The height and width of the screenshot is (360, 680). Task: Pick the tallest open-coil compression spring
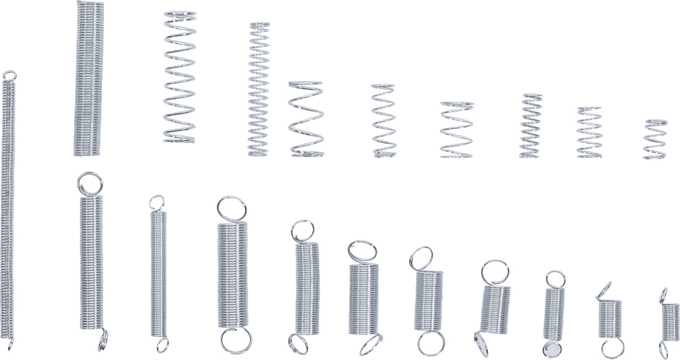click(180, 77)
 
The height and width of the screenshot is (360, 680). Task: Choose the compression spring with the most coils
click(259, 90)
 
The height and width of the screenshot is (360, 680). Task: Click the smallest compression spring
click(655, 139)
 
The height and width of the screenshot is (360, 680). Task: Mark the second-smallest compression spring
click(589, 132)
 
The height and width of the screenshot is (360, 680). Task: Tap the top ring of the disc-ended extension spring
click(555, 279)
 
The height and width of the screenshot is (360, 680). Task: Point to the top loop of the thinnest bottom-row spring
click(156, 202)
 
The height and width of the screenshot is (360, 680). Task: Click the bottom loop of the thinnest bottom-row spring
click(162, 344)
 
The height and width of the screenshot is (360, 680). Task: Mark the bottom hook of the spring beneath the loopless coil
click(103, 340)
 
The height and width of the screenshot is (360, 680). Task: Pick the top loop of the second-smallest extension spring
click(605, 290)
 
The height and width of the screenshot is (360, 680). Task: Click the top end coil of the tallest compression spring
click(180, 14)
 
